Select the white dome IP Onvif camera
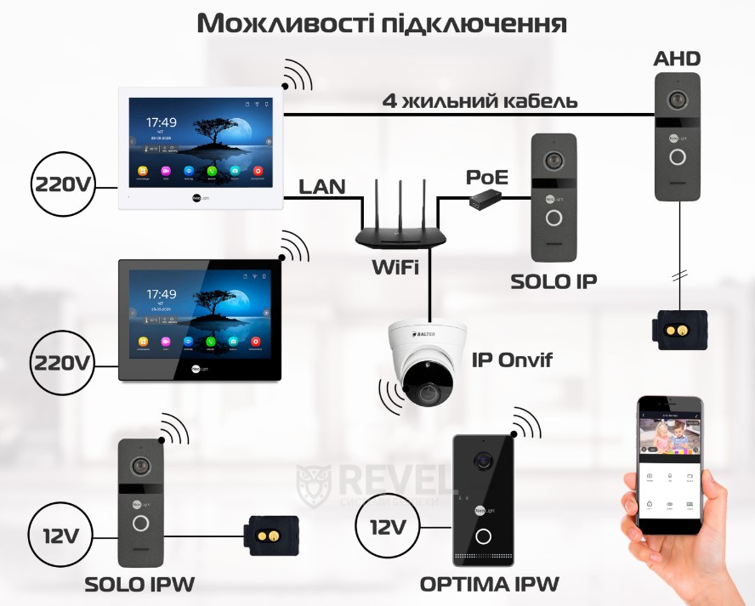423,364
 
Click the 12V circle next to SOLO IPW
60,535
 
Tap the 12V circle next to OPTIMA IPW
387,527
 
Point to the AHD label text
677,59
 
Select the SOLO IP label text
553,281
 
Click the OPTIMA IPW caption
490,584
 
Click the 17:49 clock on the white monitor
162,122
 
